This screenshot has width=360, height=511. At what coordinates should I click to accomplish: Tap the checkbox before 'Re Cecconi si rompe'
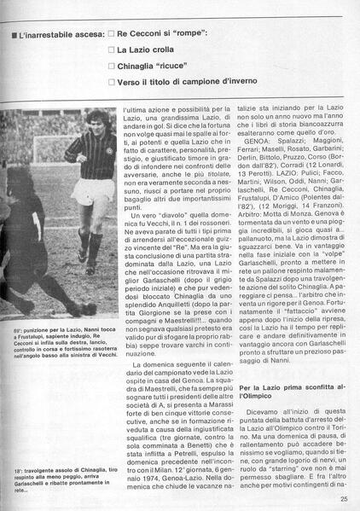pos(111,34)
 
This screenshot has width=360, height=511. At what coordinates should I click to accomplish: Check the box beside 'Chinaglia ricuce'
pos(111,66)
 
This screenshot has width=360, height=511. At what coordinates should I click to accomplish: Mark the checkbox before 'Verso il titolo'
pos(111,82)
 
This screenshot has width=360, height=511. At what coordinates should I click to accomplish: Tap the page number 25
pos(343,501)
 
